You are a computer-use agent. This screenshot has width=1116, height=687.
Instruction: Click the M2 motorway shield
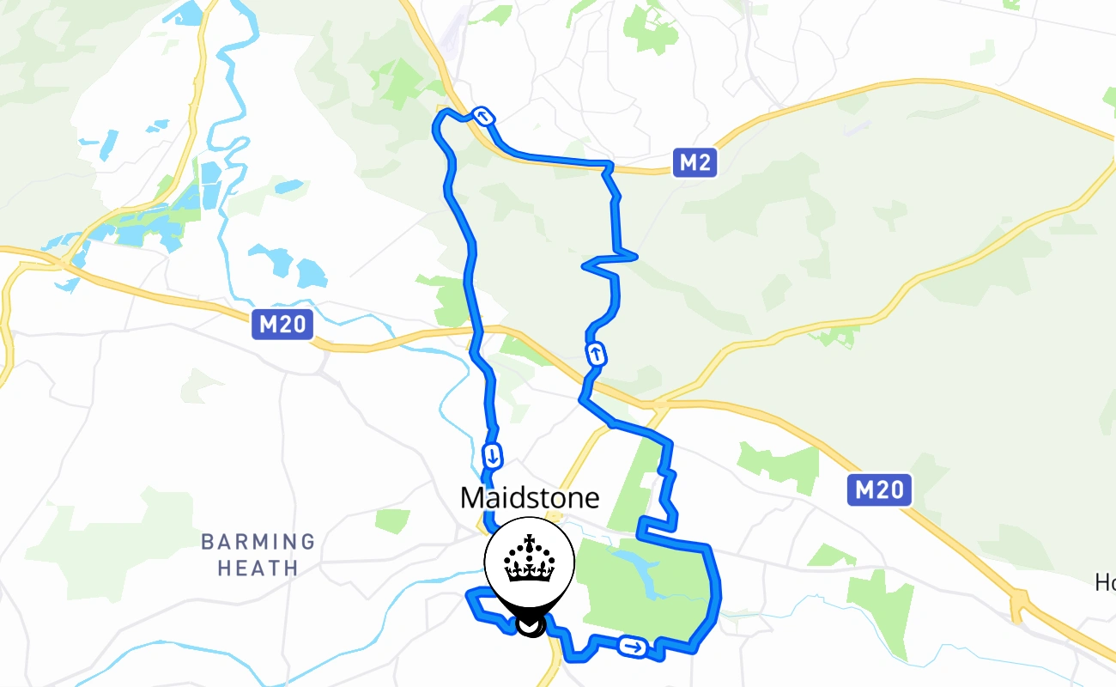[x=694, y=162]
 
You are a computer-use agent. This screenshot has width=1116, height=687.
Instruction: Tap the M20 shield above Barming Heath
[x=282, y=325]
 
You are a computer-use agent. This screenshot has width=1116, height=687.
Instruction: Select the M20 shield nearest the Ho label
[x=880, y=490]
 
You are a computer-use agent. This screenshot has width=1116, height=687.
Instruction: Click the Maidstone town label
[x=529, y=498]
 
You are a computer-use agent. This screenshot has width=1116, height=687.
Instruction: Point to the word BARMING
[x=258, y=542]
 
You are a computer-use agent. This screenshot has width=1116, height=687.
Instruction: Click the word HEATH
[x=258, y=568]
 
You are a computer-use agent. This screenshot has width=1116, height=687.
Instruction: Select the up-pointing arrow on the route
[x=595, y=353]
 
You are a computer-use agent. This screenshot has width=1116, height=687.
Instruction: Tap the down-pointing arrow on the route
[x=493, y=455]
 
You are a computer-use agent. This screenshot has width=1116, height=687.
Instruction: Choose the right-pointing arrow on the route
[x=634, y=647]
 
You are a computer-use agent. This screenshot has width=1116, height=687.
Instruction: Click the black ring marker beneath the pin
[x=532, y=627]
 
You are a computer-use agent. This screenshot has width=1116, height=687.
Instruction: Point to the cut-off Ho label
[x=1105, y=583]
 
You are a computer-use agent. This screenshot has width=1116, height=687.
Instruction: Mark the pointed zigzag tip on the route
[x=634, y=254]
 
